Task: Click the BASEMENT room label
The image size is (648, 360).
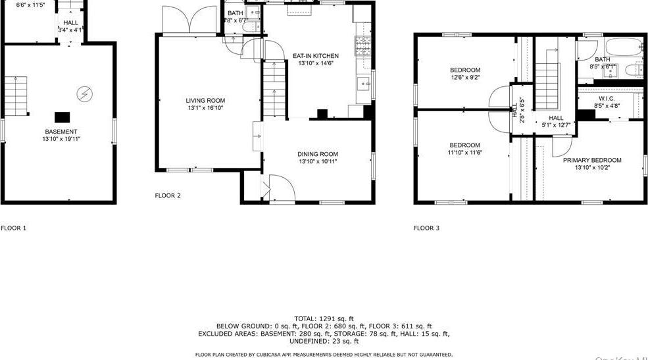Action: tap(60, 132)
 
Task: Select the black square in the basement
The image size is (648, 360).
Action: tap(62, 117)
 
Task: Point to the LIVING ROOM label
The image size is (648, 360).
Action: tap(205, 101)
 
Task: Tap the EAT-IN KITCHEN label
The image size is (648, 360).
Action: tap(316, 56)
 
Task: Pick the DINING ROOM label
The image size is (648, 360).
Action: tap(318, 154)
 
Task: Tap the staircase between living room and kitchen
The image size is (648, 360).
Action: tap(272, 89)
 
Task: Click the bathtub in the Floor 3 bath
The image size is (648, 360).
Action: tap(625, 49)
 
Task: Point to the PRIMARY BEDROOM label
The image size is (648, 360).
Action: tap(591, 160)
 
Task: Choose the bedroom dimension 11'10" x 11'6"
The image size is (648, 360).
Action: tap(464, 153)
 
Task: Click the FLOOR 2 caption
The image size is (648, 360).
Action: tap(167, 195)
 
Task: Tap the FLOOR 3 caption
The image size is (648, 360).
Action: tap(426, 228)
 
